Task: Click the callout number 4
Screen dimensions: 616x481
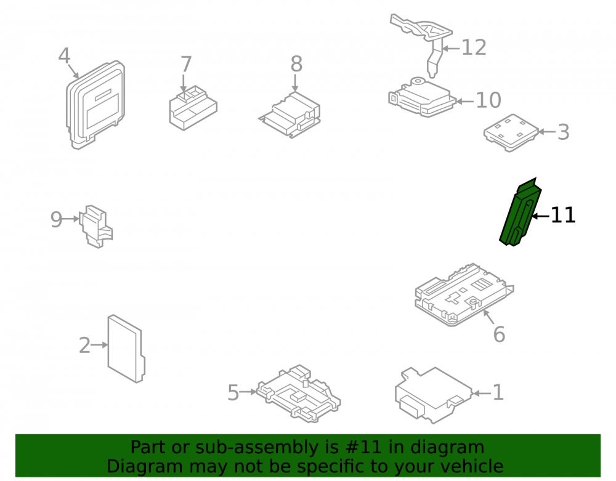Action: click(x=64, y=56)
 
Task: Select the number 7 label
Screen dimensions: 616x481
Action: click(x=186, y=65)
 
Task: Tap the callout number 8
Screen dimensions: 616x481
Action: click(x=296, y=64)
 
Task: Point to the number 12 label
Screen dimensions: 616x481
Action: click(x=474, y=48)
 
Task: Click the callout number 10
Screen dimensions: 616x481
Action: click(x=488, y=100)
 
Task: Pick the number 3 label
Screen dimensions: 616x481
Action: click(x=564, y=132)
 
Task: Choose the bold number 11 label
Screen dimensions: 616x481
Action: click(x=563, y=215)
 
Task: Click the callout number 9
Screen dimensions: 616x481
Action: click(x=56, y=220)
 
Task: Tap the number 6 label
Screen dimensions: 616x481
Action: click(x=499, y=334)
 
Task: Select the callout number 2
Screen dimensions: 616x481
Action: click(x=84, y=346)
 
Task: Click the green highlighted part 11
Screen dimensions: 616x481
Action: click(x=519, y=213)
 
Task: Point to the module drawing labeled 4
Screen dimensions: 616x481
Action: click(x=95, y=105)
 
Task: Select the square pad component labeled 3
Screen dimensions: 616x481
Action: click(x=511, y=132)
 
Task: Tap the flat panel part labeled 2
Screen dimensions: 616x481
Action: click(x=126, y=349)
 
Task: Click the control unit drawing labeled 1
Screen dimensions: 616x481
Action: click(x=434, y=395)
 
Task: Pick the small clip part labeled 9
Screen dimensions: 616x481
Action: click(x=96, y=226)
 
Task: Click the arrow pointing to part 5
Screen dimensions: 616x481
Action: click(x=248, y=392)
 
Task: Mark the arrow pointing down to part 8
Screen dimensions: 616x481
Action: click(x=295, y=83)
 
